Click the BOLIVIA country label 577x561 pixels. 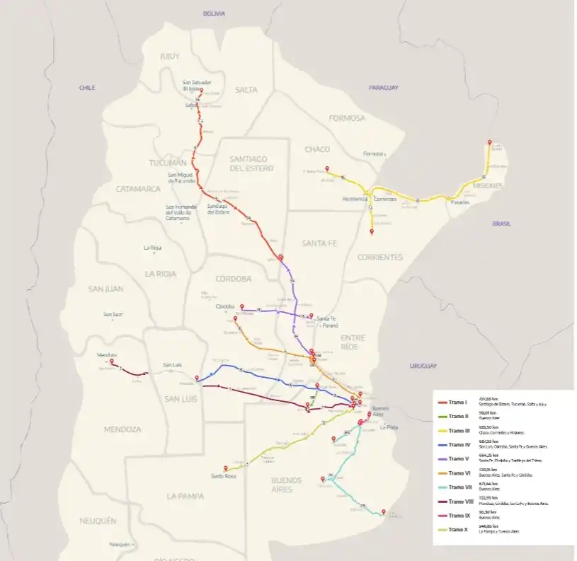coord(213,13)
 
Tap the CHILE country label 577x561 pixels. coord(87,88)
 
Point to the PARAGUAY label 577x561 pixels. coord(383,88)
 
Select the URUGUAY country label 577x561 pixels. coord(424,366)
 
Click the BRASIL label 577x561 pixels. coord(502,224)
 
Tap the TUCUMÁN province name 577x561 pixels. coord(167,163)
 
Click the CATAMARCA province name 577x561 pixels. coord(139,189)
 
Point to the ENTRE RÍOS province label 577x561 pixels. coord(353,342)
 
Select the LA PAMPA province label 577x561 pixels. coord(185,497)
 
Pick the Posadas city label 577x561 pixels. coord(459,202)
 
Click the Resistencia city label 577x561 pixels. coord(355,199)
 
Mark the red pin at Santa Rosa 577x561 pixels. coord(226,468)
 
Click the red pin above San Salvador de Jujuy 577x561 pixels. coord(201,91)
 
